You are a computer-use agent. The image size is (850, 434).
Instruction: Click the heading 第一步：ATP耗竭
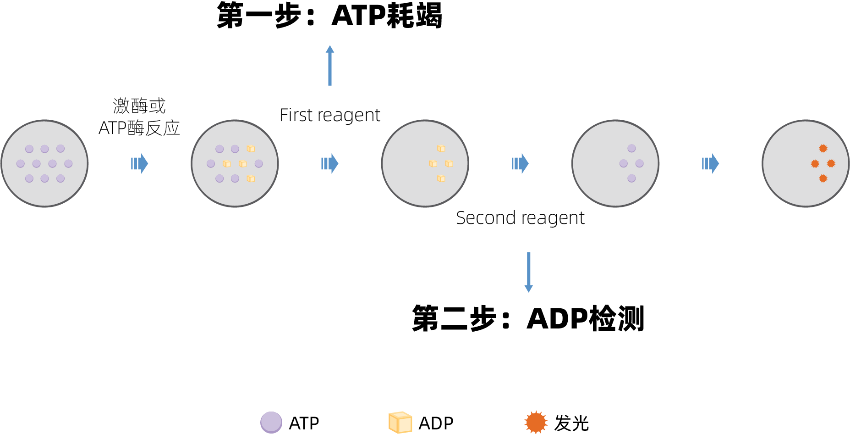329,16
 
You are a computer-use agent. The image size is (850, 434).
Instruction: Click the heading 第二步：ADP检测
528,318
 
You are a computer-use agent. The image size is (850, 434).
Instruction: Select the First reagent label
330,115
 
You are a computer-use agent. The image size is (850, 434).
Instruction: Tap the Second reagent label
520,218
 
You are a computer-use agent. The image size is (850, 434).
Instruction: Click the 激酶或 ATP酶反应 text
139,117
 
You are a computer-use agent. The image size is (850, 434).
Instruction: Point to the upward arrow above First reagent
330,65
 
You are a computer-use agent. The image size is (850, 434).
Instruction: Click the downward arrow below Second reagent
528,272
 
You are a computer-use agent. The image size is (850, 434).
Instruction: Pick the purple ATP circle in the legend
271,422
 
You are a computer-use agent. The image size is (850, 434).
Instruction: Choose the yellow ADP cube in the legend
400,422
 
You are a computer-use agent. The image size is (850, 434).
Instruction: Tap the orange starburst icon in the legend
536,422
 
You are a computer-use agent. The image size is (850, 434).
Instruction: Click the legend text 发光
571,423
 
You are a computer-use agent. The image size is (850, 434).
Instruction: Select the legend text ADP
436,423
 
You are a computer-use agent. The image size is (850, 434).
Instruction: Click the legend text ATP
304,423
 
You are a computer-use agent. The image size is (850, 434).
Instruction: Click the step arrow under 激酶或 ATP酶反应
139,163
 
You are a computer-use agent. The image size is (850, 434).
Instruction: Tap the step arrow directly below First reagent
329,163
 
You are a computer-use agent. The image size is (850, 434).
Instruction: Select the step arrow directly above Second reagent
520,163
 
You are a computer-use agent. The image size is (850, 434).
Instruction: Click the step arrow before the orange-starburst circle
710,163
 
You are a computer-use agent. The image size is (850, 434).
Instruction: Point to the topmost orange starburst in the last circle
823,148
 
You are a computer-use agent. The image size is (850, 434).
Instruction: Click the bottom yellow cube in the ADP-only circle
441,178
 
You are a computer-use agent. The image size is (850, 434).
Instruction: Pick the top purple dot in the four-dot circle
631,148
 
